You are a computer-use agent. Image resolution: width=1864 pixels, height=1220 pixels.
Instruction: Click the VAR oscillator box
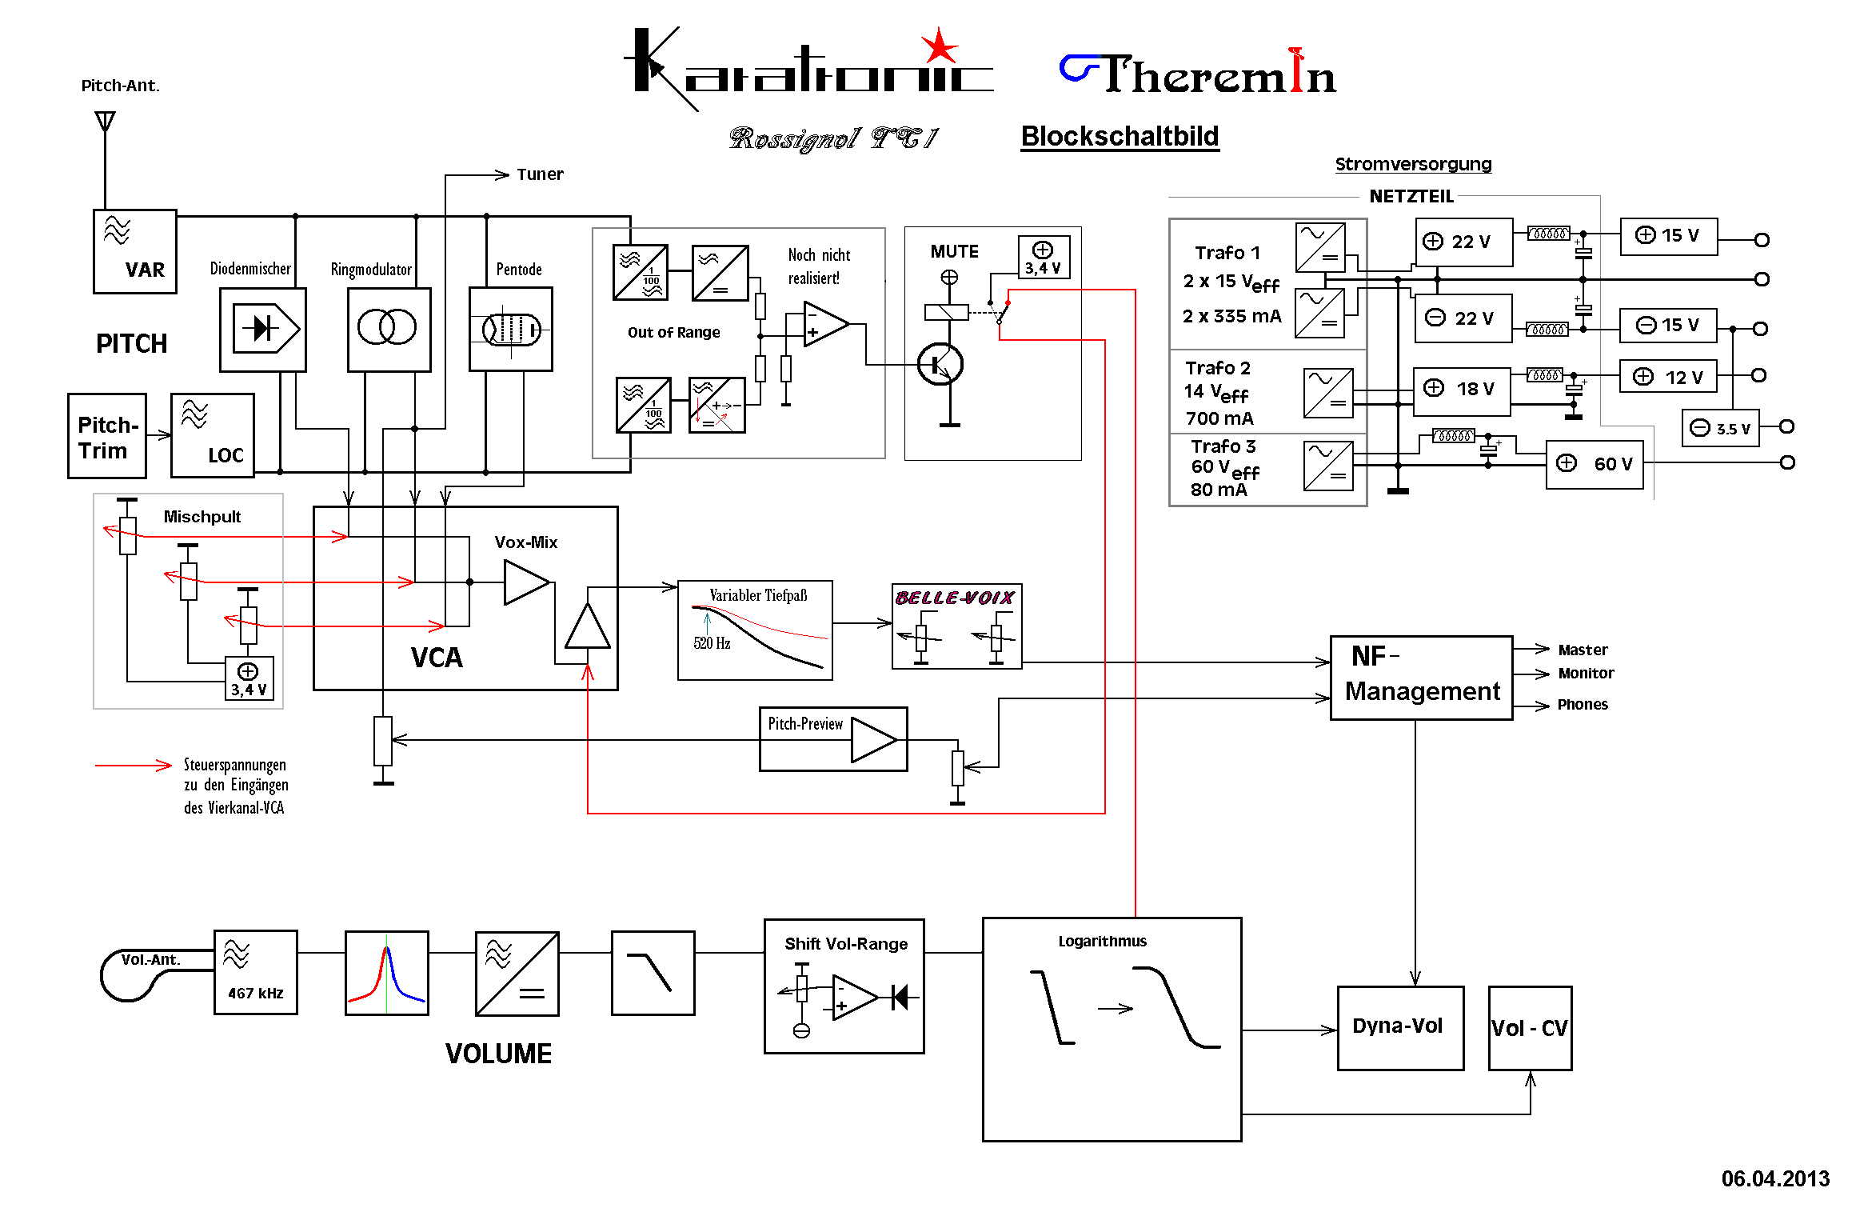click(x=135, y=251)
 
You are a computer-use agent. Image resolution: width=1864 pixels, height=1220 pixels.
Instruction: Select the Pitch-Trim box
click(x=107, y=436)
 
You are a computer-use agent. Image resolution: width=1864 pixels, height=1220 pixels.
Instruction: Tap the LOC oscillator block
click(x=213, y=435)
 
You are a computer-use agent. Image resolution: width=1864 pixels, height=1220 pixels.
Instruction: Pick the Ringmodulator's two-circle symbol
click(x=388, y=327)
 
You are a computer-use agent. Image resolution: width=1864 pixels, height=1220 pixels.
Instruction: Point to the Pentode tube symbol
click(x=511, y=329)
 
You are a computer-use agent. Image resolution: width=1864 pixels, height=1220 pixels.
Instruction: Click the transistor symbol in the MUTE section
click(x=940, y=365)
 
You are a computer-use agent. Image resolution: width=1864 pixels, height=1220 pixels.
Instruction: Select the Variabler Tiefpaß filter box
click(x=755, y=630)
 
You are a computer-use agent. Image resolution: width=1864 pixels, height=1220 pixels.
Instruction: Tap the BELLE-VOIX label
click(x=955, y=598)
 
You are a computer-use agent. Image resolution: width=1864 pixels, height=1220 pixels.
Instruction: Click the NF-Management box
click(x=1421, y=678)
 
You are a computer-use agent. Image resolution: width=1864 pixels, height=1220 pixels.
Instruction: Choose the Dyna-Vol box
click(x=1400, y=1027)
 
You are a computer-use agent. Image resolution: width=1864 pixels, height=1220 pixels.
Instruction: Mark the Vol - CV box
click(x=1530, y=1028)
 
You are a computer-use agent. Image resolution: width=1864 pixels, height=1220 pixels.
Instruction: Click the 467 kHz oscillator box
click(x=256, y=972)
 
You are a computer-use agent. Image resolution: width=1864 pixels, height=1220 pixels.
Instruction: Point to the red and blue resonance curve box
click(x=387, y=973)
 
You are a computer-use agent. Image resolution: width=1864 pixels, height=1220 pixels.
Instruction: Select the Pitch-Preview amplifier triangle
click(x=873, y=739)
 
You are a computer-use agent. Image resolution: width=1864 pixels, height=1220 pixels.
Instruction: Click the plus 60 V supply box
click(x=1595, y=464)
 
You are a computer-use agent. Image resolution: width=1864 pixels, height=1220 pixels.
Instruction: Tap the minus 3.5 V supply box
click(x=1720, y=428)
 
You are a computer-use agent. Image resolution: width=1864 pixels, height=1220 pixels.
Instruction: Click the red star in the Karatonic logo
click(x=940, y=46)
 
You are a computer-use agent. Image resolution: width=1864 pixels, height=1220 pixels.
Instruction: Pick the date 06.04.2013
click(x=1775, y=1178)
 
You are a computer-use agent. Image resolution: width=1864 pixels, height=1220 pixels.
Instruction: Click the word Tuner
click(x=540, y=174)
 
